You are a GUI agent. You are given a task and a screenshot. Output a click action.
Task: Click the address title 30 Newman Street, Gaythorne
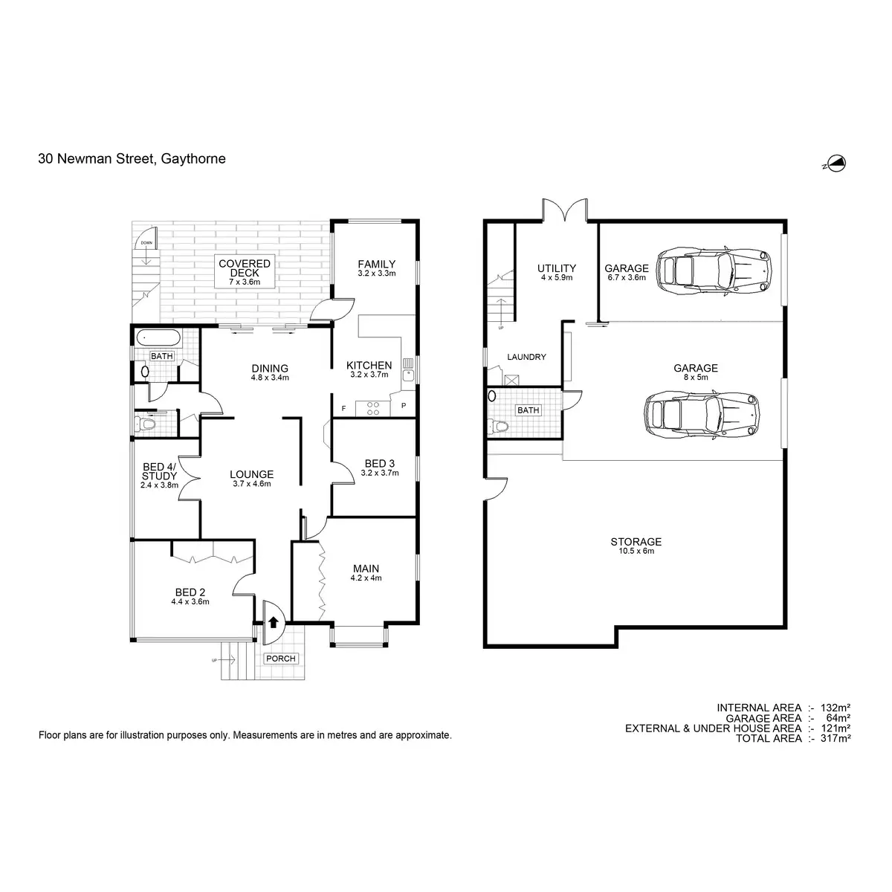[x=132, y=158]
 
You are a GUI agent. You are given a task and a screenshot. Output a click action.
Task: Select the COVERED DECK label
[x=244, y=268]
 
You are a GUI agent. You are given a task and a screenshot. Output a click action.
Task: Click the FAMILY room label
[x=376, y=264]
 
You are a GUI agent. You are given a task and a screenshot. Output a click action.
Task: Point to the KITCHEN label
[x=369, y=365]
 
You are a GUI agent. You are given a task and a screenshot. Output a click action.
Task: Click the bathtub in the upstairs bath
[x=157, y=338]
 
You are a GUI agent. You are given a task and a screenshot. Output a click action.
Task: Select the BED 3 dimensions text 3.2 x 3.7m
[x=380, y=473]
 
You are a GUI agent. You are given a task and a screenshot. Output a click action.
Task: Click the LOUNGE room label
[x=251, y=474]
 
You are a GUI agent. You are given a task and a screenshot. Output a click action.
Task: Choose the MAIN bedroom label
[x=366, y=569]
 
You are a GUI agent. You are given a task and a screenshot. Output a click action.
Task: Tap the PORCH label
[x=280, y=659]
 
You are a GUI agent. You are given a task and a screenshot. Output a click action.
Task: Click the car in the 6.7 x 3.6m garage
[x=714, y=268]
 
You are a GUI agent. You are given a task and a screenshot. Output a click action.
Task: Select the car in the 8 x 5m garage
[x=702, y=416]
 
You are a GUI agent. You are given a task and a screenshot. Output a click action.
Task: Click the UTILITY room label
[x=557, y=268]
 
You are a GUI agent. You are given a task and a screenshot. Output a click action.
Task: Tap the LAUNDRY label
[x=526, y=357]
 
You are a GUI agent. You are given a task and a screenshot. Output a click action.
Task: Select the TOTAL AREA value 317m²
[x=835, y=738]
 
